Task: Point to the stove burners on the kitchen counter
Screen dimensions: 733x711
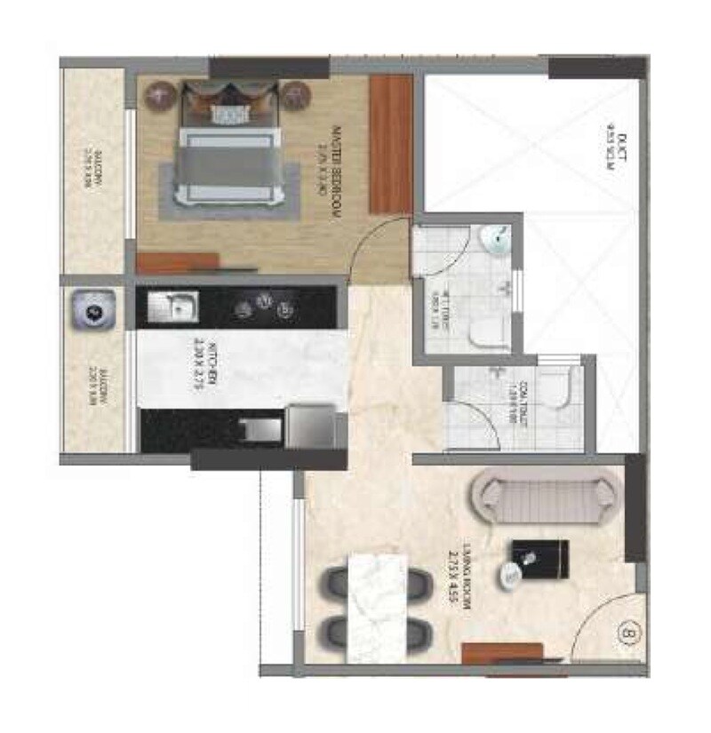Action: pos(263,307)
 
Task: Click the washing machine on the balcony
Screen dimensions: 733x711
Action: pos(92,311)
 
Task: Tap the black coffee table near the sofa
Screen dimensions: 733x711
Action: pos(538,562)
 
